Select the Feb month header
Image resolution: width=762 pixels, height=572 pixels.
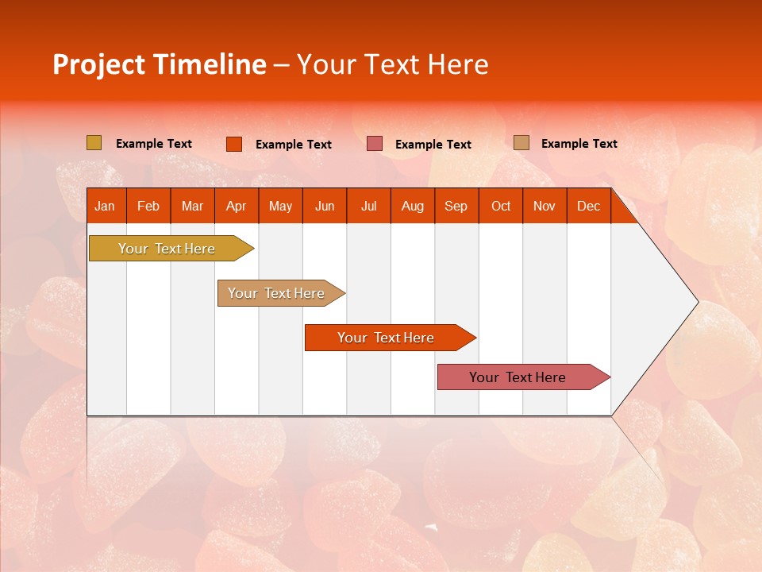pos(148,206)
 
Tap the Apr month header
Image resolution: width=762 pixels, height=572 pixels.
pos(237,206)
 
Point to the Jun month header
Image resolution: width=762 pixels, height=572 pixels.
pos(325,206)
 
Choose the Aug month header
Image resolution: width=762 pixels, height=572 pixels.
pos(413,206)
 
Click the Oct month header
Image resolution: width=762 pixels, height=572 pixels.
pos(501,206)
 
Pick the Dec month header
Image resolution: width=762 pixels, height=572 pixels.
pos(588,206)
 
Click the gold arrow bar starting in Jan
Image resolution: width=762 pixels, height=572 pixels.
pos(171,249)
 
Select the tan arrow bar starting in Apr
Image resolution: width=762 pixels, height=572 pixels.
pos(281,293)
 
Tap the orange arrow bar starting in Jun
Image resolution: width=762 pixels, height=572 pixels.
pos(391,338)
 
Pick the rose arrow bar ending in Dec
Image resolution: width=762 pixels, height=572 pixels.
pos(524,377)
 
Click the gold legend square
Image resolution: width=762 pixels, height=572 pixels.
pos(94,142)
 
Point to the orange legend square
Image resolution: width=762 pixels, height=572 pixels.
pos(233,144)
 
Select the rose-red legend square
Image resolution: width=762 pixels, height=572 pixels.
pos(374,144)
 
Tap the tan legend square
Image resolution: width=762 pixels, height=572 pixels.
pos(521,142)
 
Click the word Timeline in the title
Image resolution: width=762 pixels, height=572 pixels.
pos(210,64)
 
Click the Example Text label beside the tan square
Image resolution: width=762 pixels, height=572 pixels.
pos(579,144)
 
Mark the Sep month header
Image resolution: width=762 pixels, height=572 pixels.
pos(456,206)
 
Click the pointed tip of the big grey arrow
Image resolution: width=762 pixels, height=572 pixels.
pos(698,302)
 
